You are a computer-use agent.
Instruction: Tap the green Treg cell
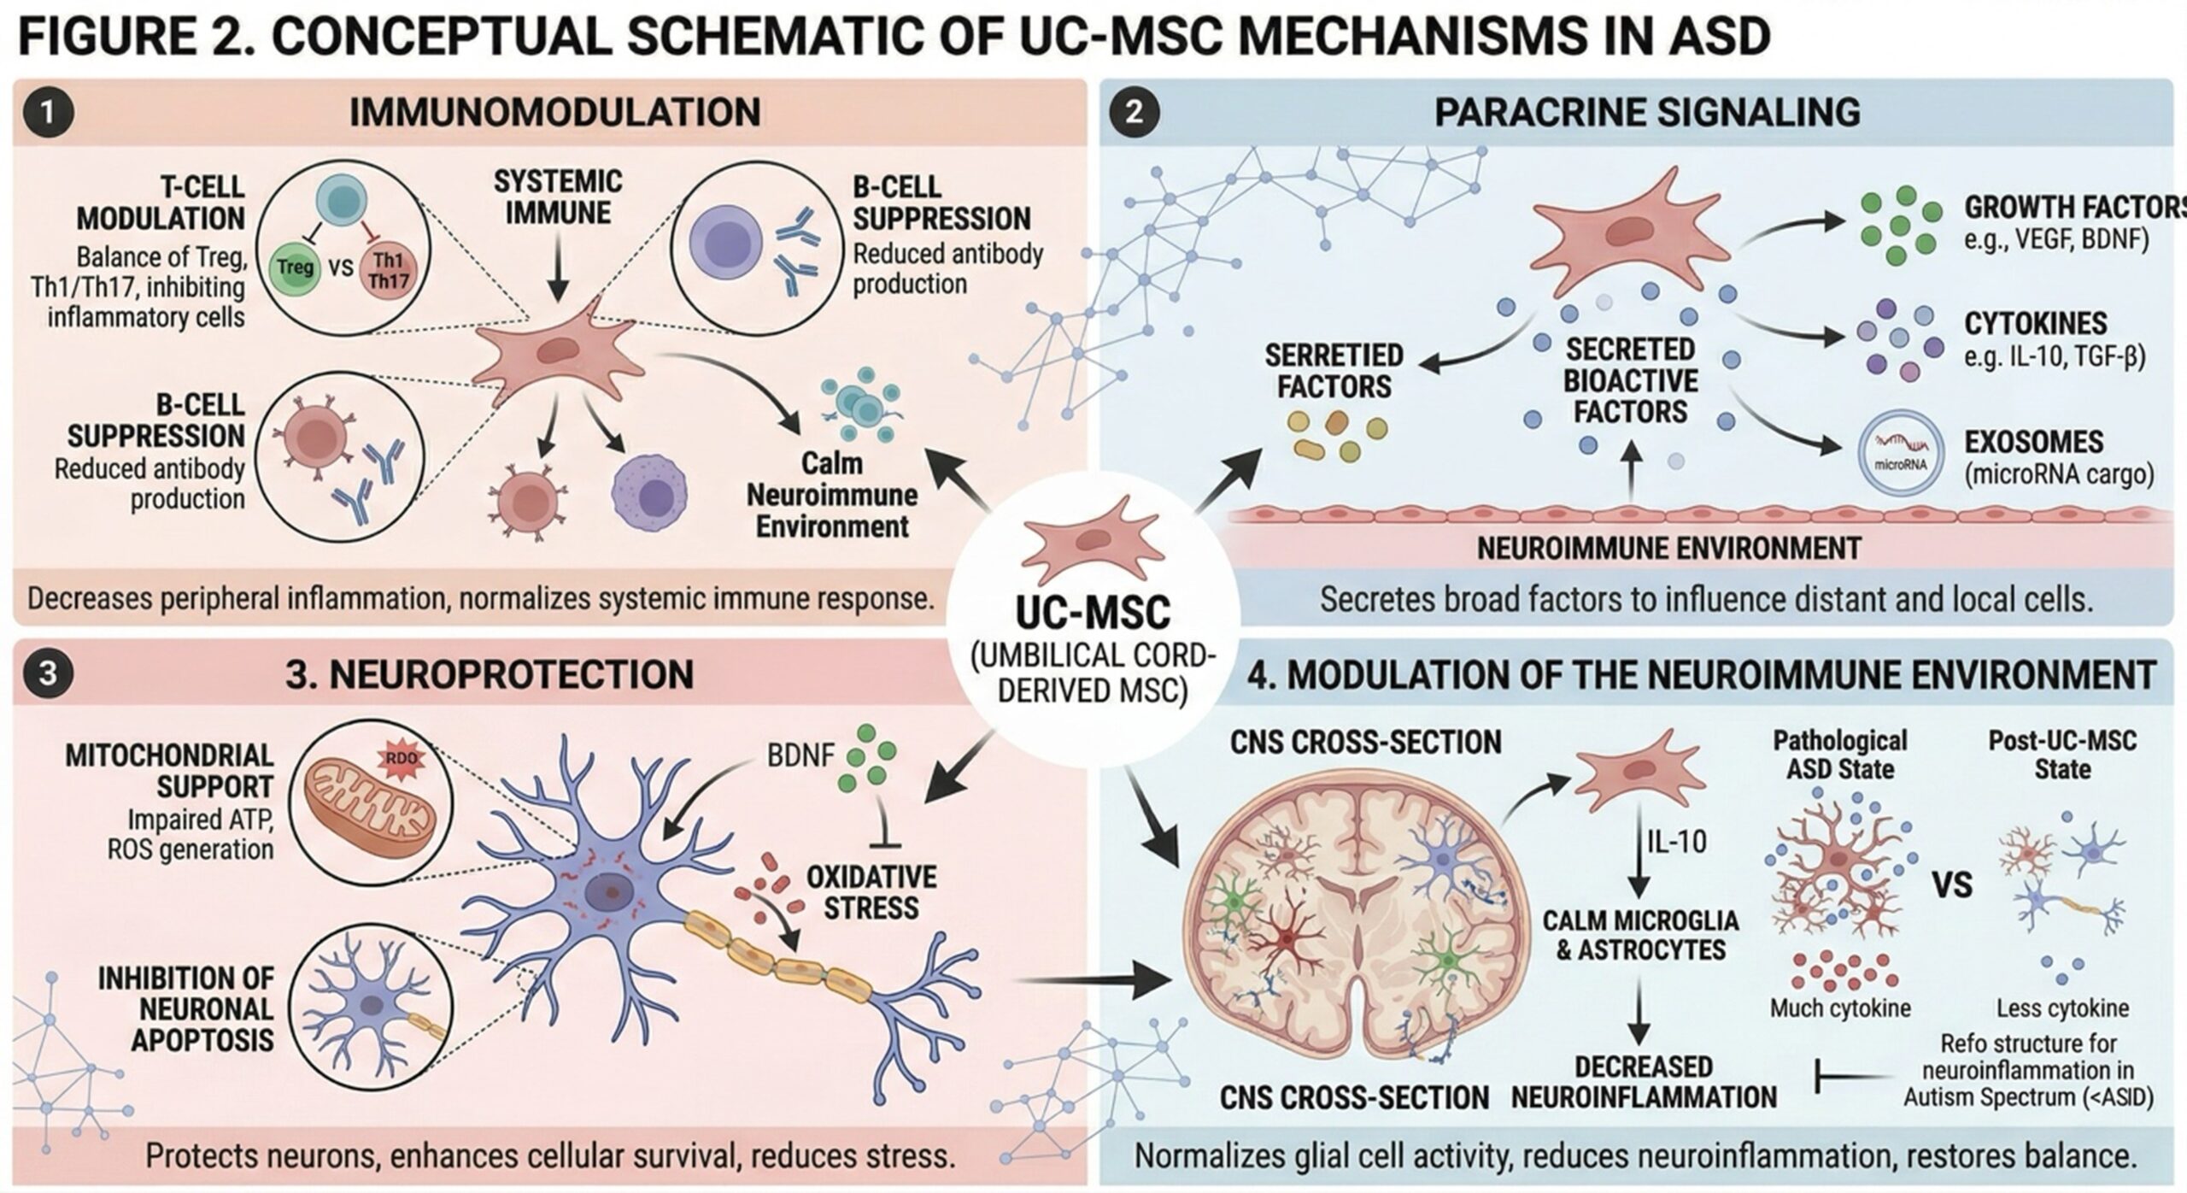[295, 267]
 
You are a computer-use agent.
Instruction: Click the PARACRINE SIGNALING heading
[1646, 113]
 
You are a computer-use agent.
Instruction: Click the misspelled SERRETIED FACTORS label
[1334, 371]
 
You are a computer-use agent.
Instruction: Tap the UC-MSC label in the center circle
[1093, 612]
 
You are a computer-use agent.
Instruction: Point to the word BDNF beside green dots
[800, 755]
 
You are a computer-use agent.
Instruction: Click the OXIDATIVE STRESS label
[871, 892]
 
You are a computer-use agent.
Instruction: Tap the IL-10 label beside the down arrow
[1677, 843]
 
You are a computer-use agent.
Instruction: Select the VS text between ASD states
[1952, 885]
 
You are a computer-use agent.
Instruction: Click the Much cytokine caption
[1839, 1008]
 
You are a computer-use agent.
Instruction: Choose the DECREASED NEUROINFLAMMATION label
[1644, 1082]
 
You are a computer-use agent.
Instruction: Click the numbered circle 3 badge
[48, 673]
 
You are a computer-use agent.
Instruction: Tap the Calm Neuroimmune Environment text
[831, 495]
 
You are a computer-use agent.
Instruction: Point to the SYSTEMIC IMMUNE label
[558, 197]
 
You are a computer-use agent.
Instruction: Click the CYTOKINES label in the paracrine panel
[2035, 324]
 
